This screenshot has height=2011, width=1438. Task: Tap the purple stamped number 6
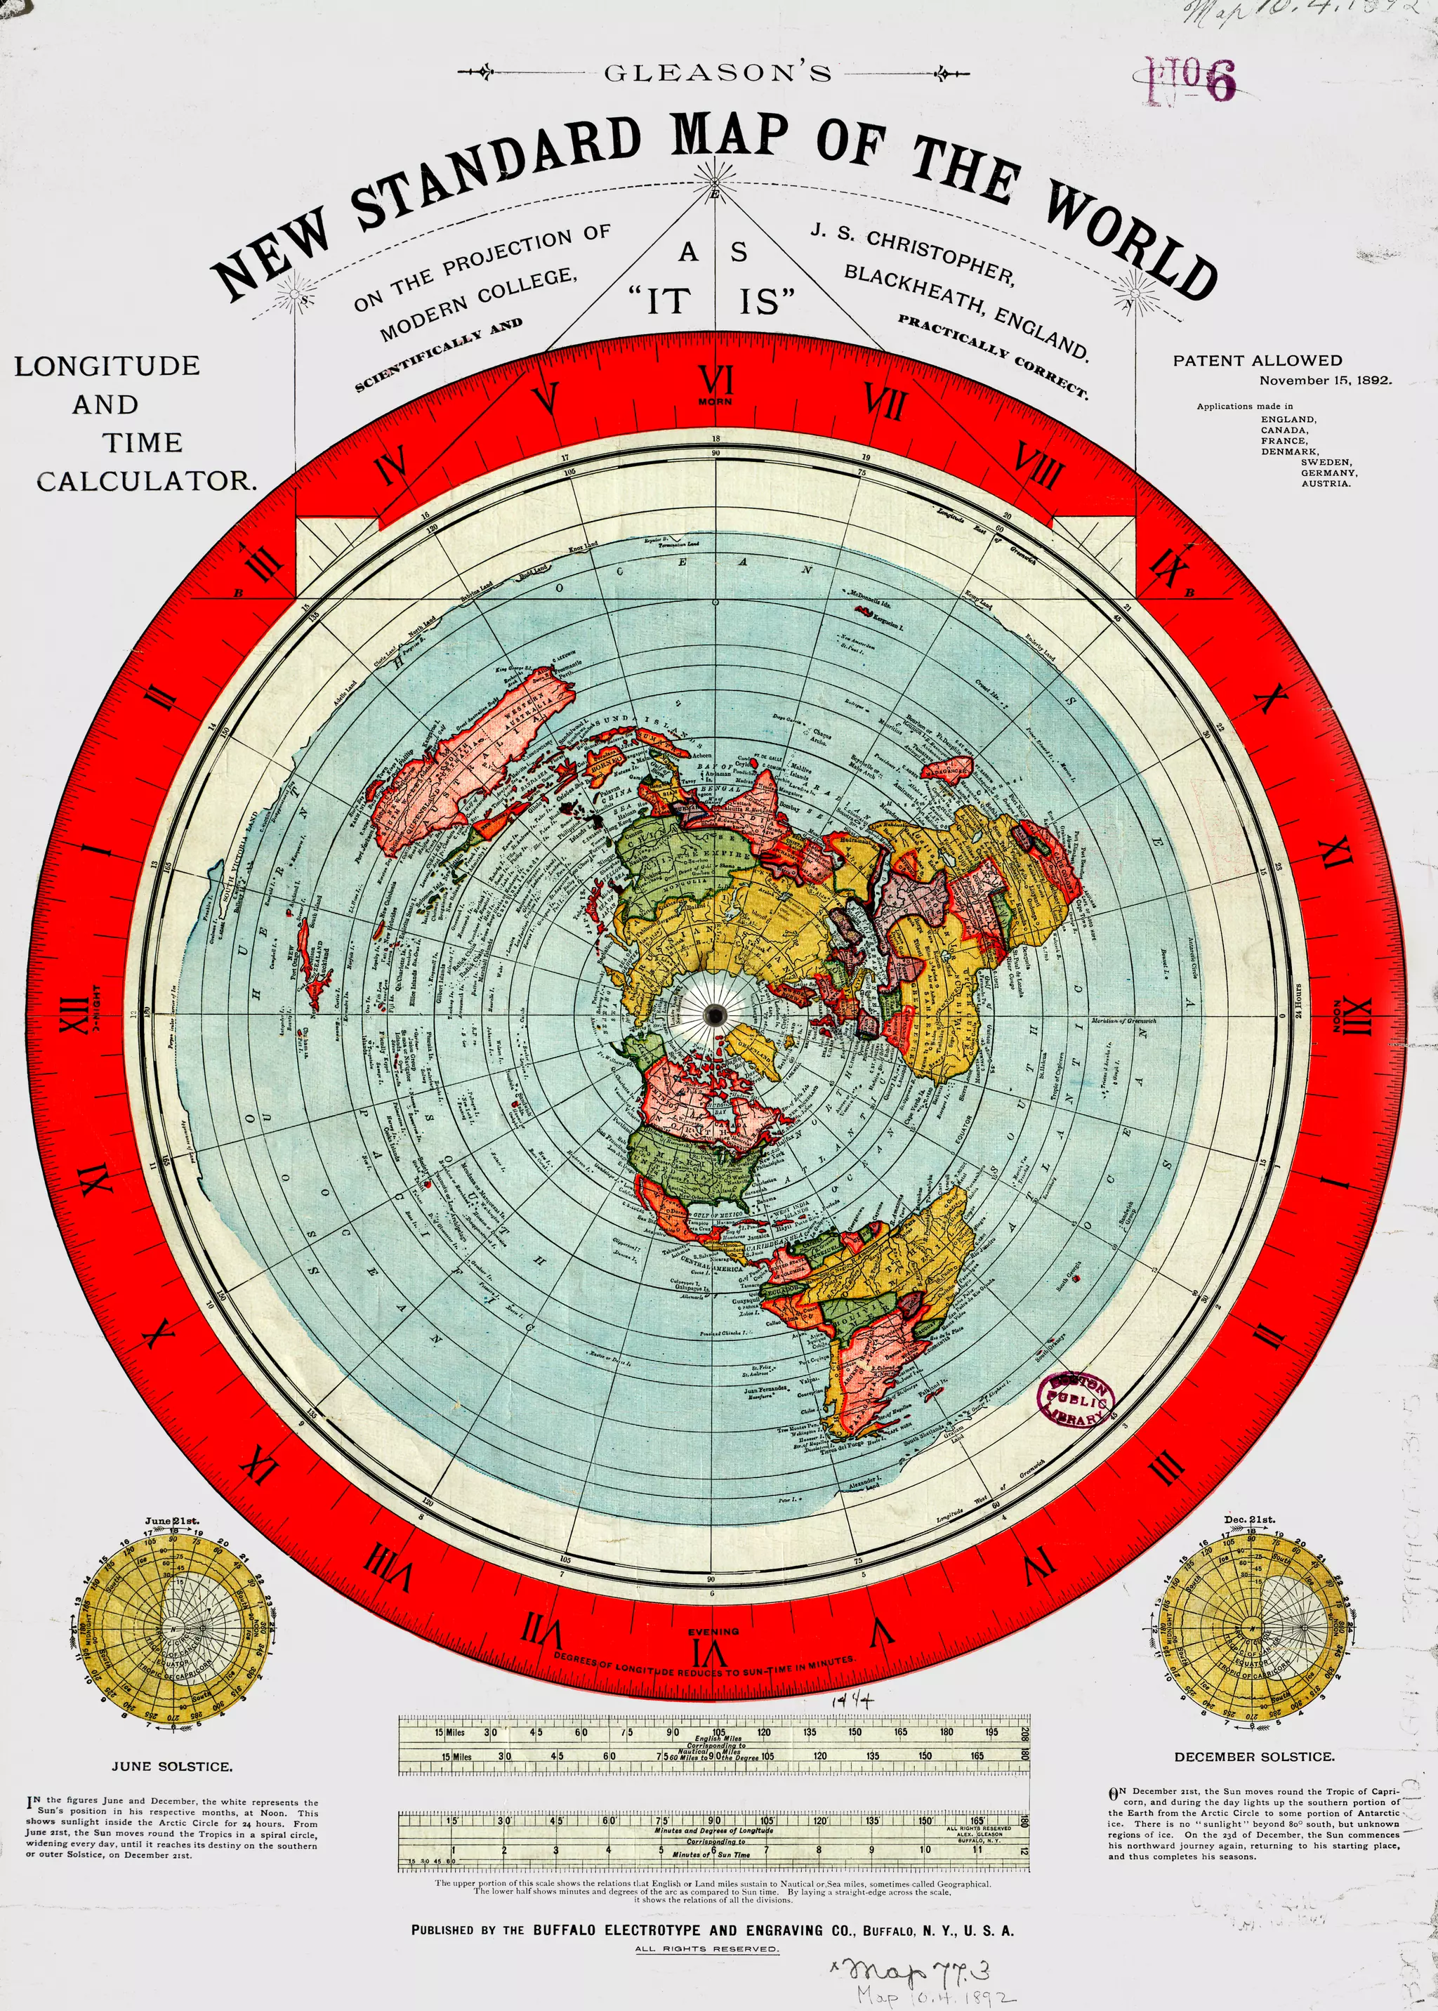tap(1220, 82)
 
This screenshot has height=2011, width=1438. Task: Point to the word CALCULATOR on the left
tap(146, 482)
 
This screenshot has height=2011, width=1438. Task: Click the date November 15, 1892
tap(1326, 381)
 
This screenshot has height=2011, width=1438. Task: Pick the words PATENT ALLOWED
tap(1258, 360)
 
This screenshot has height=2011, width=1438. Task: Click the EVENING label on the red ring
tap(713, 1631)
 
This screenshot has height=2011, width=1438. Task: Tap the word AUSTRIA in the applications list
tap(1326, 484)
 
